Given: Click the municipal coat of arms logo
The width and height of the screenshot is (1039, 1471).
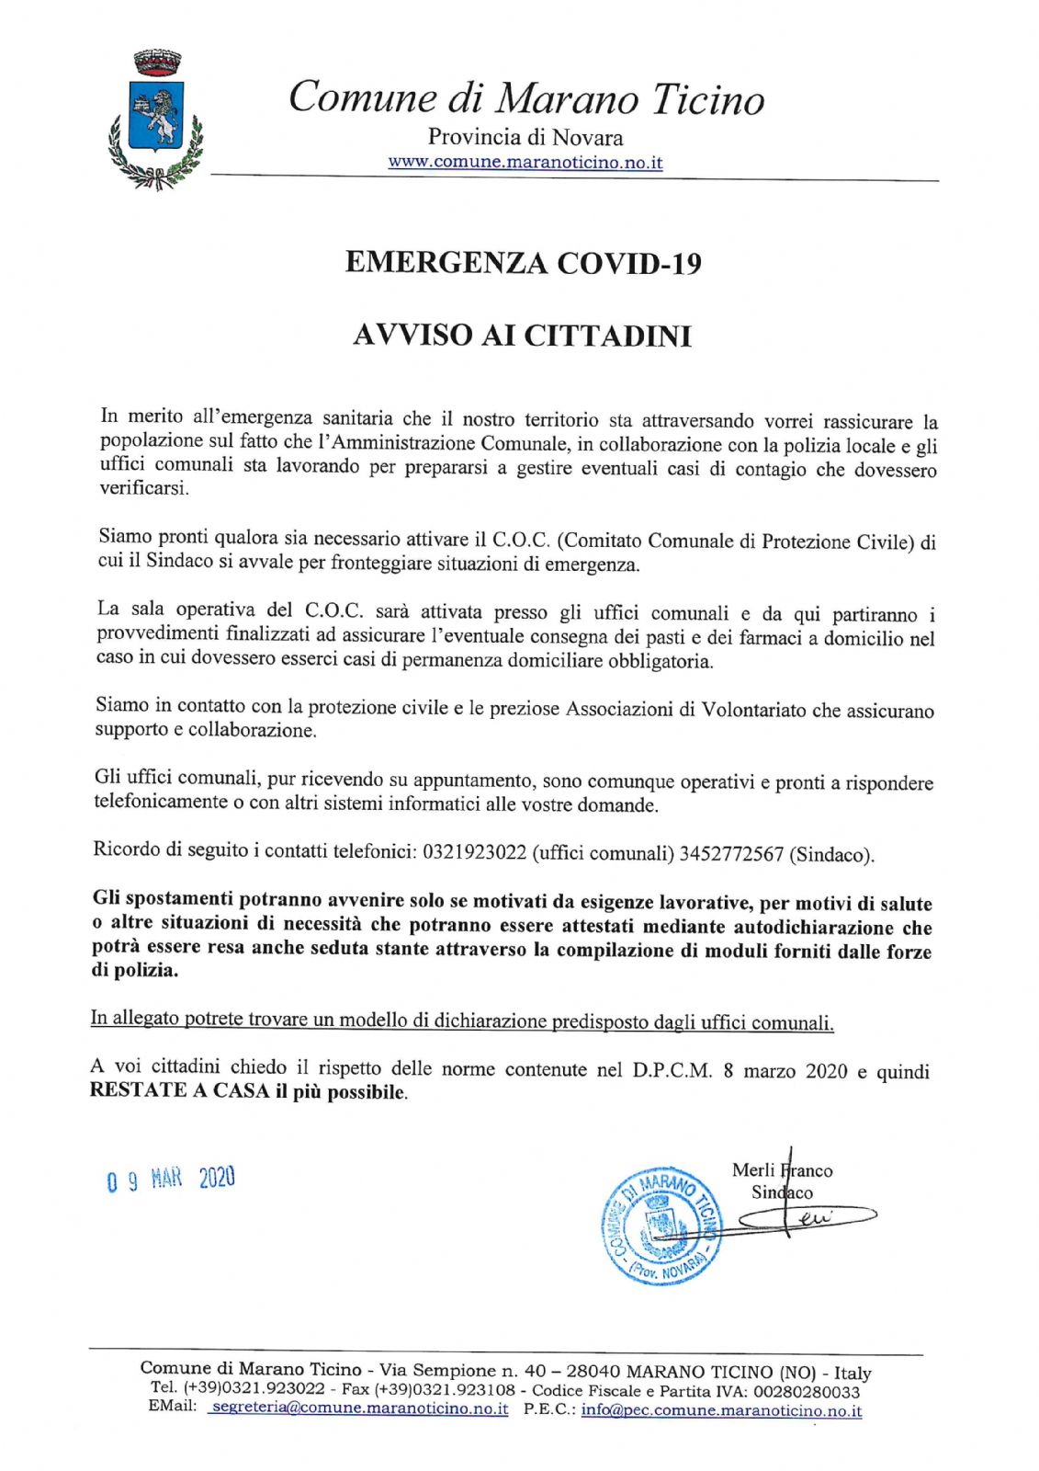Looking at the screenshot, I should (154, 120).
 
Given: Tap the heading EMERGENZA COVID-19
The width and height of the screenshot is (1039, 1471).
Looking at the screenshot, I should (523, 263).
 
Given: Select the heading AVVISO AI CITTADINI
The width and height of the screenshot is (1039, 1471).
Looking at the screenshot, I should (522, 336).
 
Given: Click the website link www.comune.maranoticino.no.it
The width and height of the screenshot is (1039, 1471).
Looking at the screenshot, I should (525, 163).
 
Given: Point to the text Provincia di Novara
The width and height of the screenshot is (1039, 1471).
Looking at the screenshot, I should (525, 138).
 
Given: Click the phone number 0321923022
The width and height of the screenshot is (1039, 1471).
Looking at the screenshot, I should (474, 851).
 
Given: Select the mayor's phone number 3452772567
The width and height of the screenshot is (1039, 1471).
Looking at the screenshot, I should (731, 854).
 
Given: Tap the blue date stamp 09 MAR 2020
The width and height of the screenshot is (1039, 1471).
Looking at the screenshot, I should (171, 1179).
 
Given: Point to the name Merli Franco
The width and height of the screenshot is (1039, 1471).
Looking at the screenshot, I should (782, 1170).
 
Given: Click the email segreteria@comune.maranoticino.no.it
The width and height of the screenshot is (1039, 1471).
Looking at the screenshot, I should (358, 1409).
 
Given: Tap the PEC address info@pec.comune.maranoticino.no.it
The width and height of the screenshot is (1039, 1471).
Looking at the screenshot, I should (721, 1410).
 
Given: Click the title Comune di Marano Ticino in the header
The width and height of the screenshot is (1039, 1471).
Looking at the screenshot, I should (525, 97).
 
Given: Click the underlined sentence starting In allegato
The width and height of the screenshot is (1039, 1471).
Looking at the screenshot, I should (462, 1021).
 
